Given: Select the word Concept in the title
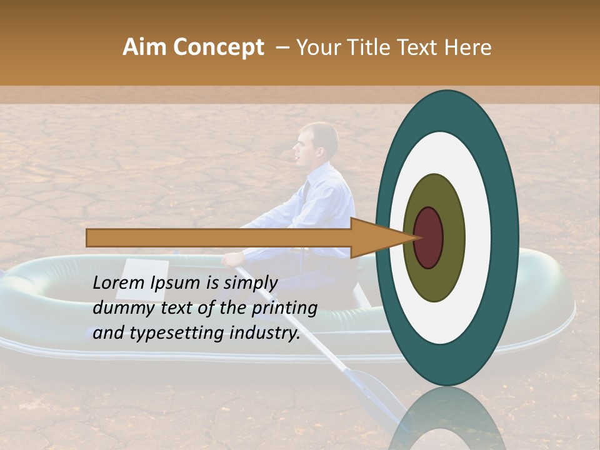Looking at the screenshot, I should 217,47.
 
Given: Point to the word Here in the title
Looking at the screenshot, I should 469,47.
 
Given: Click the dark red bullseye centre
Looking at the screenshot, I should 429,238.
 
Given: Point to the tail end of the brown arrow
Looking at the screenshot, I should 91,238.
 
